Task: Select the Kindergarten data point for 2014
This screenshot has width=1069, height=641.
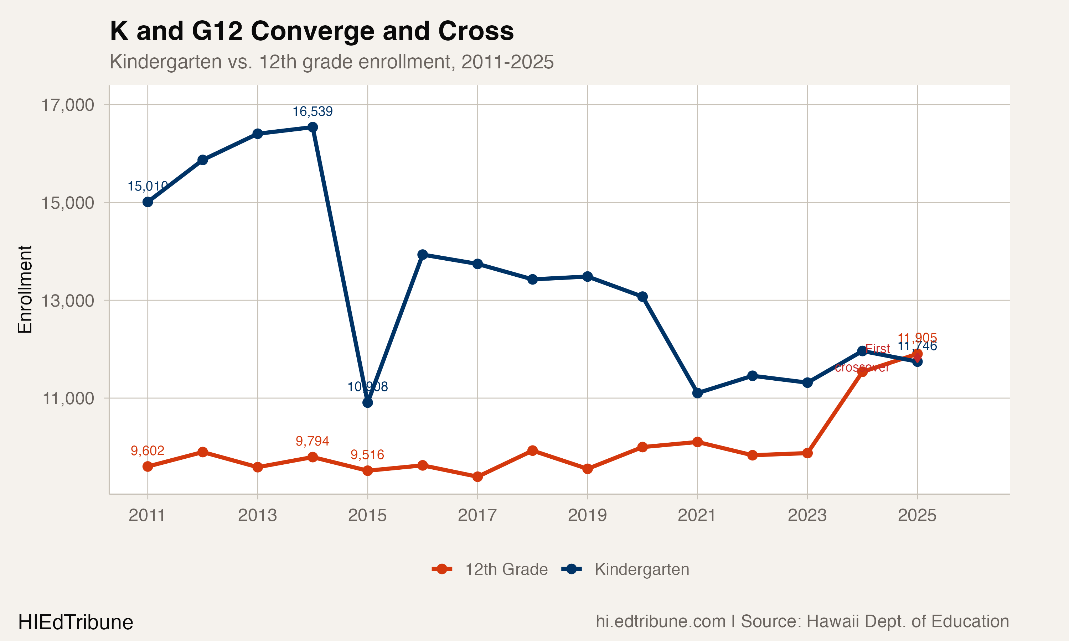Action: tap(313, 127)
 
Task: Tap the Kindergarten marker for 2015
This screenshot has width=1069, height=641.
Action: tap(368, 402)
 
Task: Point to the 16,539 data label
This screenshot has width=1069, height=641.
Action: tap(313, 111)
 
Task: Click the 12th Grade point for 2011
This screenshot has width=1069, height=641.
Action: tap(148, 467)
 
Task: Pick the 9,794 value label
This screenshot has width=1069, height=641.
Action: tap(313, 441)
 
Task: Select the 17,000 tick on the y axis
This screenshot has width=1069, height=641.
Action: tap(67, 105)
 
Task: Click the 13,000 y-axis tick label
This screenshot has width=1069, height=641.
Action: tap(67, 300)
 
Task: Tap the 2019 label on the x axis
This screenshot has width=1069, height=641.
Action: tap(587, 515)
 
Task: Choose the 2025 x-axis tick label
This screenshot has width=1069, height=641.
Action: tap(917, 515)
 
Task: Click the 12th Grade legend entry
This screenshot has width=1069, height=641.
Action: tap(490, 569)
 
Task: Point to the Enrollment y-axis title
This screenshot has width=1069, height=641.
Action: tap(25, 290)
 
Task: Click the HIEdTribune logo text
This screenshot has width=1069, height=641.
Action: tap(76, 622)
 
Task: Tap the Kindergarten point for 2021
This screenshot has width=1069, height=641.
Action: tap(697, 393)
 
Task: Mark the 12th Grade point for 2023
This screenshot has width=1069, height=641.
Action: tap(807, 453)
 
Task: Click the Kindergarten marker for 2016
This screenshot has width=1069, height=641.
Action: tap(423, 255)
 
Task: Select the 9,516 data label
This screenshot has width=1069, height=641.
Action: tap(367, 454)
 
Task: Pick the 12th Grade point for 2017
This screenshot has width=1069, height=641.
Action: tap(477, 477)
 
